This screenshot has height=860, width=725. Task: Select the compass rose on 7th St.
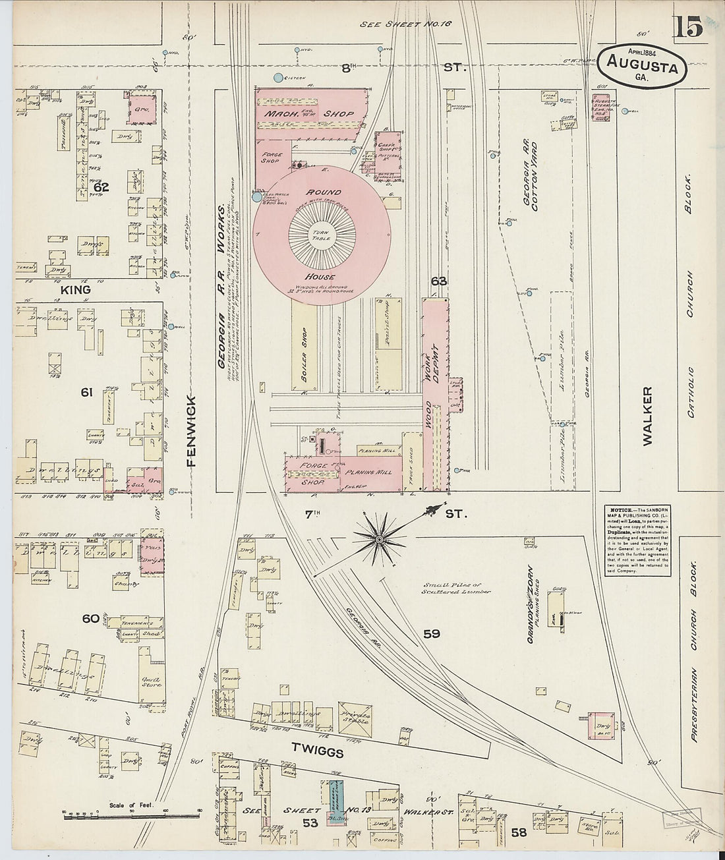379,540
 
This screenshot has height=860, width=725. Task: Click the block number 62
100,187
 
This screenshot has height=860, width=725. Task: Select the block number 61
86,393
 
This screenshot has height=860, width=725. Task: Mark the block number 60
90,619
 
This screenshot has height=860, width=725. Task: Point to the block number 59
432,634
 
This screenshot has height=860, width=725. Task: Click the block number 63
439,281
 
